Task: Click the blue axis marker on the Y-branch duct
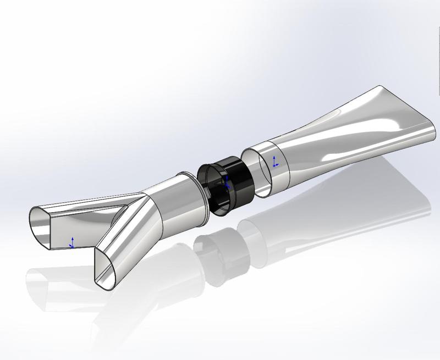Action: point(72,242)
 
